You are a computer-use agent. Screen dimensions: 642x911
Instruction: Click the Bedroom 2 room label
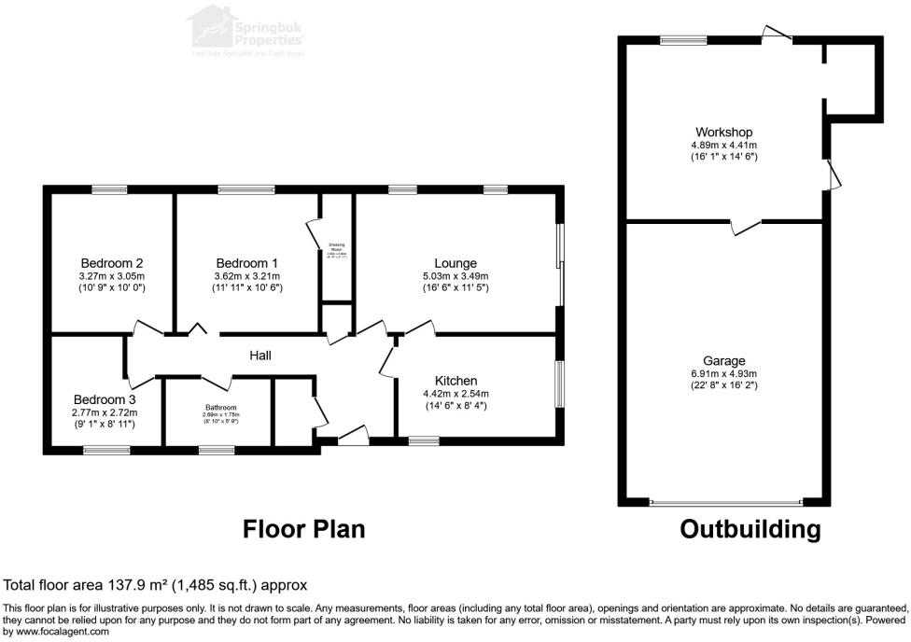point(111,263)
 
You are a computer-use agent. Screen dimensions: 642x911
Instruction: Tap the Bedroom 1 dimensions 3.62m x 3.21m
point(247,276)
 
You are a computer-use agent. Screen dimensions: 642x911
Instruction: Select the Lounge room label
point(455,263)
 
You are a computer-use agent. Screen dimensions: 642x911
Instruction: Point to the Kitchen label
point(455,381)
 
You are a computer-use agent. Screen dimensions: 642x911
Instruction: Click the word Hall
point(260,356)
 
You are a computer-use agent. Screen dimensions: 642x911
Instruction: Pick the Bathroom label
point(221,408)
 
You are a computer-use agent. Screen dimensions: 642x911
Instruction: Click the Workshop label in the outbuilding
point(723,133)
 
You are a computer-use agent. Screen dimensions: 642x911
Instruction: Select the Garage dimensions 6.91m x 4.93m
point(723,374)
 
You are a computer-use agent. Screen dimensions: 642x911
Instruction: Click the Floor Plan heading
point(303,530)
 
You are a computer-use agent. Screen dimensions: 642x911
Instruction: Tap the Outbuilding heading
point(750,530)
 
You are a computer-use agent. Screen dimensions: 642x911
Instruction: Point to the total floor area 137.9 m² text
point(156,586)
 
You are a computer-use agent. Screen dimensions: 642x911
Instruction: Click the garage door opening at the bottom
point(724,502)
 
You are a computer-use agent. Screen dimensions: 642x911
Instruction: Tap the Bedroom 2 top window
point(109,190)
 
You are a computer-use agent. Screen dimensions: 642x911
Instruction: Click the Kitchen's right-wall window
point(559,384)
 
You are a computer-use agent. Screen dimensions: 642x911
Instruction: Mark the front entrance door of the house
point(352,435)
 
